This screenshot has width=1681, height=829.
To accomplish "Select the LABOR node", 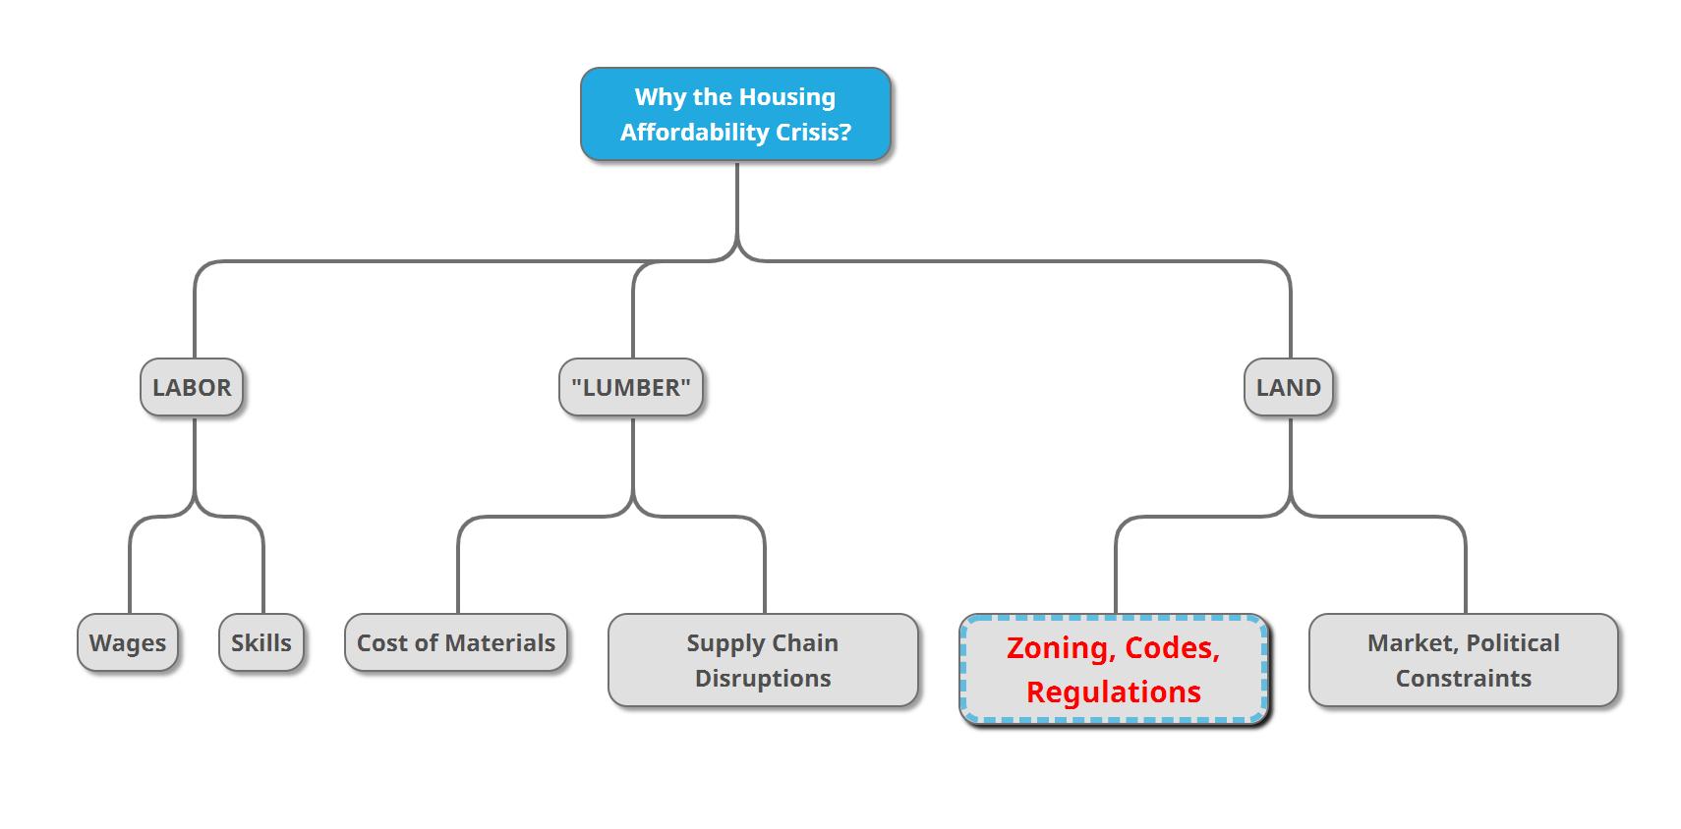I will (192, 387).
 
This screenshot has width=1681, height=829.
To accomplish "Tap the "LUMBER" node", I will (631, 387).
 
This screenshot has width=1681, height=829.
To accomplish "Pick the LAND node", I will (1288, 387).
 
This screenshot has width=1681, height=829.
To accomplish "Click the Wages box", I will (128, 643).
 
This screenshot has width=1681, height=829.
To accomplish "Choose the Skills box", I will (261, 643).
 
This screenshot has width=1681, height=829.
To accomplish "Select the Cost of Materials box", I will (456, 643).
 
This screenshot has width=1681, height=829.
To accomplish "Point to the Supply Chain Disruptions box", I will (763, 660).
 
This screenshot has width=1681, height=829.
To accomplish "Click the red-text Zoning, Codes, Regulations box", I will (1114, 670).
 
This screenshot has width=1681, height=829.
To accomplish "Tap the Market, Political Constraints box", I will (1463, 660).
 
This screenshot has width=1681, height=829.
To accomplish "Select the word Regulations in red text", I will (1114, 692).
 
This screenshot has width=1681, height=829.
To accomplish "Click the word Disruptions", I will (763, 679).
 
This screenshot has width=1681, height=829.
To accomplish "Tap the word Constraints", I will (1463, 679).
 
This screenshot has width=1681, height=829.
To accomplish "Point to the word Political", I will (1513, 643).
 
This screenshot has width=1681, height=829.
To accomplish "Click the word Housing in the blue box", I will (787, 97).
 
